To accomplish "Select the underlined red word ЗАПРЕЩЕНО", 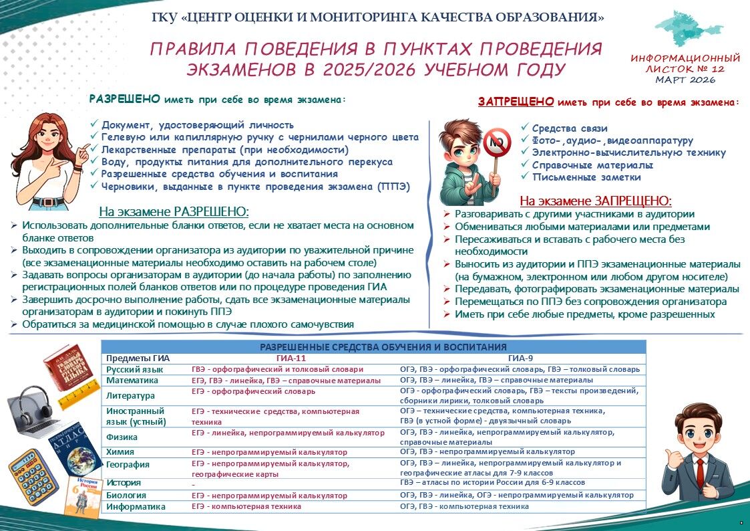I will click(x=516, y=102).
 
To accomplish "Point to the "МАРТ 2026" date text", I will click(x=686, y=80).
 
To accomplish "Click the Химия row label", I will click(x=120, y=452).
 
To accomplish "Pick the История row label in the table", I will click(x=124, y=482).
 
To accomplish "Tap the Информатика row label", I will click(x=136, y=507).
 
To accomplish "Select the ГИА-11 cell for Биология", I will click(x=269, y=496).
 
